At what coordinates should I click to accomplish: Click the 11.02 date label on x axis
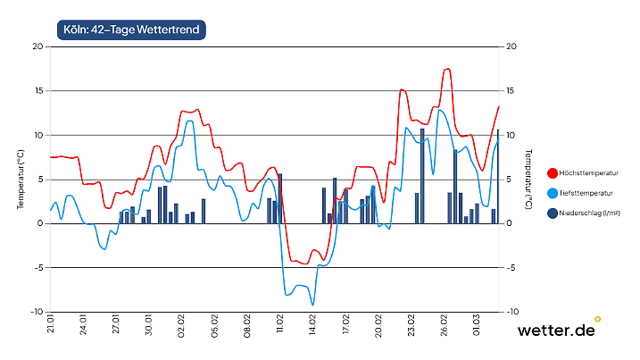point(280,326)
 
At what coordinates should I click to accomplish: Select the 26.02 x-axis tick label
point(445,326)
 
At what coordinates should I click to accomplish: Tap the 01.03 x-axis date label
point(478,326)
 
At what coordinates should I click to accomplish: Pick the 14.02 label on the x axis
point(313,326)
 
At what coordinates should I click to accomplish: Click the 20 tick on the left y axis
point(37,46)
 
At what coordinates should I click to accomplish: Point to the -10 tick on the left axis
point(36,312)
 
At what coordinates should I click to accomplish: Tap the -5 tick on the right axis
point(511,267)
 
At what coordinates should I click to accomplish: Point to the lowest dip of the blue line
point(312,306)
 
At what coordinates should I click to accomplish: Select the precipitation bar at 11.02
point(280,198)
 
